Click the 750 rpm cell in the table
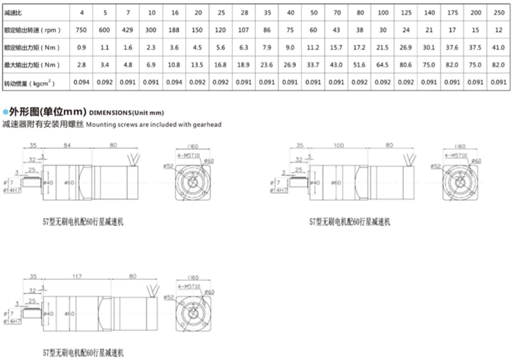81,30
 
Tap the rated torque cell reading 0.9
81,47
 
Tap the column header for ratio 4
81,12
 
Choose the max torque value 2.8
81,65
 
